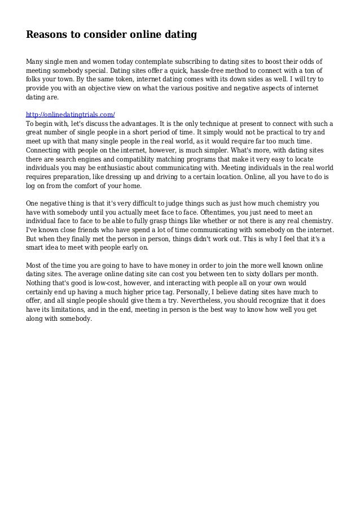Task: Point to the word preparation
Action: point(73,177)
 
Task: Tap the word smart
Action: point(37,248)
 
